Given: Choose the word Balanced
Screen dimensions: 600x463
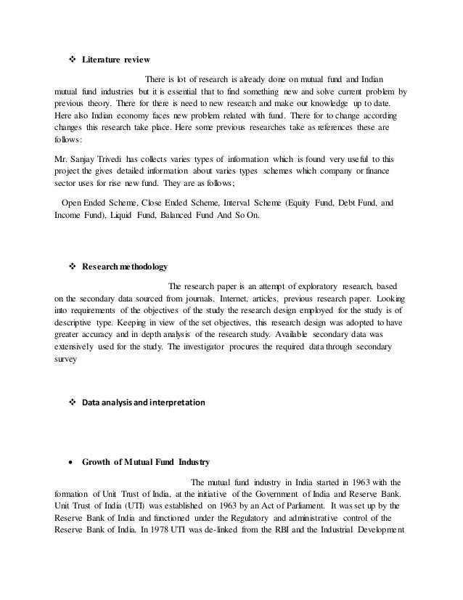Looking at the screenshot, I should coord(192,216).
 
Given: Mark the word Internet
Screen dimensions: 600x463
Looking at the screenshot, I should coord(231,299).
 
